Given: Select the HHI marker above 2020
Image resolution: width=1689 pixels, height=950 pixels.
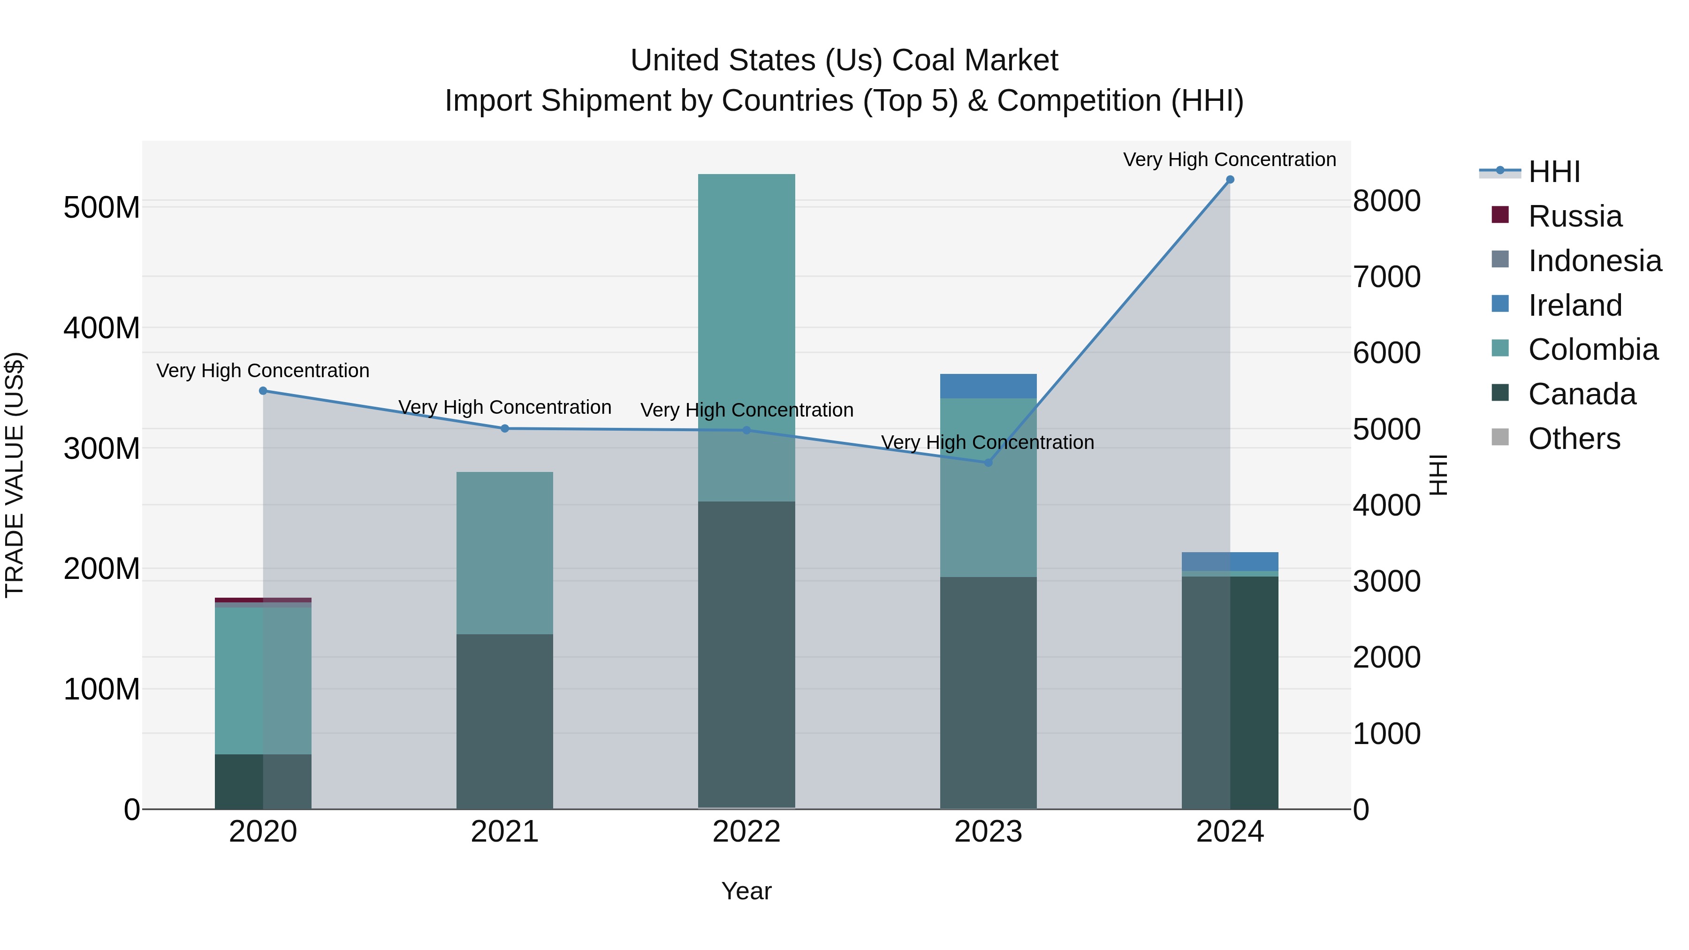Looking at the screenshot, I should (x=263, y=391).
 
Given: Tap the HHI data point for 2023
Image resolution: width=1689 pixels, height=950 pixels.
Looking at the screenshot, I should (x=988, y=463).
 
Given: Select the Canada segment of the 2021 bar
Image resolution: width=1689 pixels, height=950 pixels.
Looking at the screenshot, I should (x=504, y=721).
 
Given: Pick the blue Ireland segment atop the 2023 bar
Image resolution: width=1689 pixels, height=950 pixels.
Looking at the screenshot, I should (x=988, y=386).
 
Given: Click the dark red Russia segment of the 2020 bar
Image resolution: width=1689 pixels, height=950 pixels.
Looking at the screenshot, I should (x=263, y=600).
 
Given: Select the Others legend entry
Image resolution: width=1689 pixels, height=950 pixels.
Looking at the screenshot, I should (x=1574, y=439).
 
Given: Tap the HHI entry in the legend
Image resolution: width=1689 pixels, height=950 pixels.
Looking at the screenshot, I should (x=1553, y=172).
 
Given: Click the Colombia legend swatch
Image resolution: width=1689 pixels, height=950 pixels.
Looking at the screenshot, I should (x=1500, y=348).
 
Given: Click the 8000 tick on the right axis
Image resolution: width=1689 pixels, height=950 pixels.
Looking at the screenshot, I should (x=1386, y=201).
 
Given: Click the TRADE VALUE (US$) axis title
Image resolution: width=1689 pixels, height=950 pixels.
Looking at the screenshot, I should (x=15, y=475).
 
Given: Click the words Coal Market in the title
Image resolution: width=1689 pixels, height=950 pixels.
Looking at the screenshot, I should (x=974, y=61).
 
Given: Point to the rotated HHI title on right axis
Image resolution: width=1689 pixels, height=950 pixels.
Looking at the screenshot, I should (x=1438, y=475).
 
